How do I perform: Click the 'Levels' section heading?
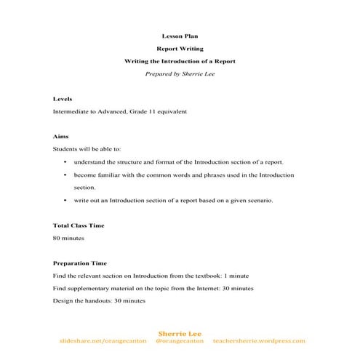pyautogui.click(x=63, y=99)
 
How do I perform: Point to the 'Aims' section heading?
pyautogui.click(x=61, y=137)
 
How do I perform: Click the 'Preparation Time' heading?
pyautogui.click(x=80, y=263)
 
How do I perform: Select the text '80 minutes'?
pyautogui.click(x=69, y=238)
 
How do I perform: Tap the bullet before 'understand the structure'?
pyautogui.click(x=65, y=162)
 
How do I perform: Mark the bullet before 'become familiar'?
pyautogui.click(x=65, y=175)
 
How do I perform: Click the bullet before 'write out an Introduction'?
pyautogui.click(x=65, y=200)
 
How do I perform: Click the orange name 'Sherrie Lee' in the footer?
pyautogui.click(x=180, y=333)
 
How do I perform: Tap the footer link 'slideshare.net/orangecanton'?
pyautogui.click(x=103, y=341)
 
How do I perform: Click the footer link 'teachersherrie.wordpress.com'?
pyautogui.click(x=260, y=341)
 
